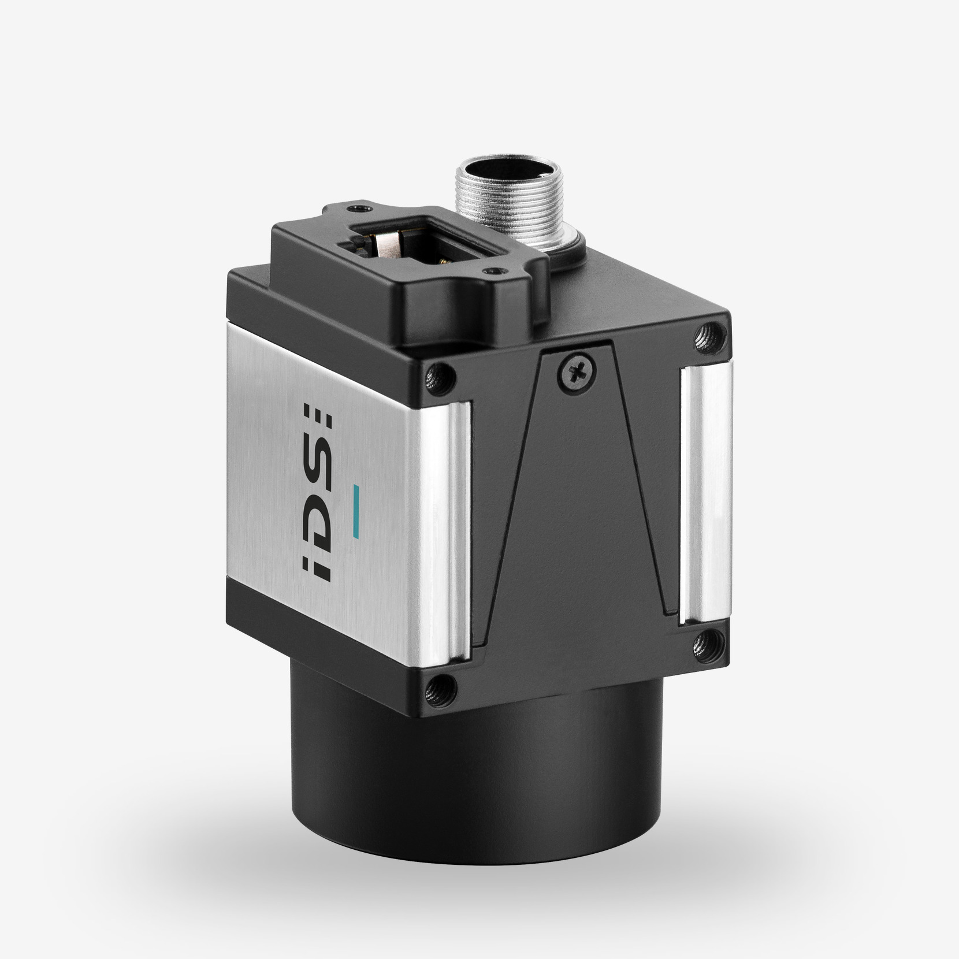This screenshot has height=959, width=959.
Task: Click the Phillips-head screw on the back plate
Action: [x=576, y=373]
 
